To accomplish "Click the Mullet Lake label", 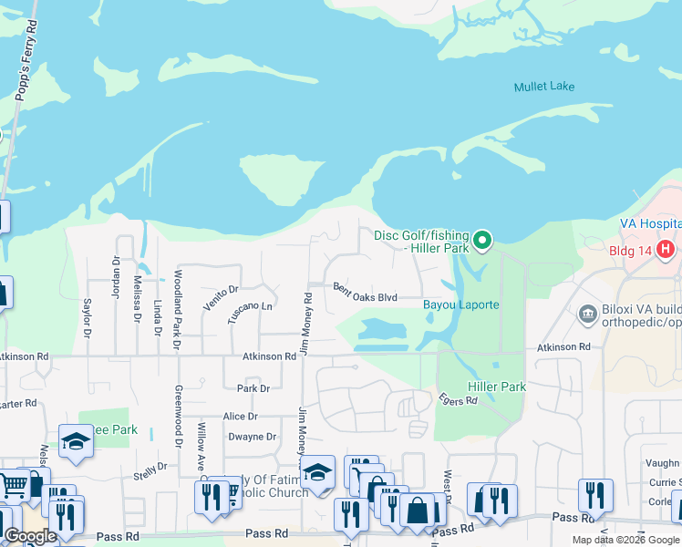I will coord(543,87).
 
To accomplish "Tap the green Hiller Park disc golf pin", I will coord(484,241).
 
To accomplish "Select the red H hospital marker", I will coord(666,248).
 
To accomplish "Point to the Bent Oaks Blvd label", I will coord(365,292).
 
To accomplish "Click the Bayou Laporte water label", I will coord(460,304).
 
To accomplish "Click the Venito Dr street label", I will coord(221,297).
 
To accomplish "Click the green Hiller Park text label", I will coord(497,387).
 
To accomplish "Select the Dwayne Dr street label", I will coord(252,437).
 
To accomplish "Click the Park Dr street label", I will coord(253,388).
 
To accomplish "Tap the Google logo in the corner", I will coord(31,536).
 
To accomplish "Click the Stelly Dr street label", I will coord(150,469).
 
